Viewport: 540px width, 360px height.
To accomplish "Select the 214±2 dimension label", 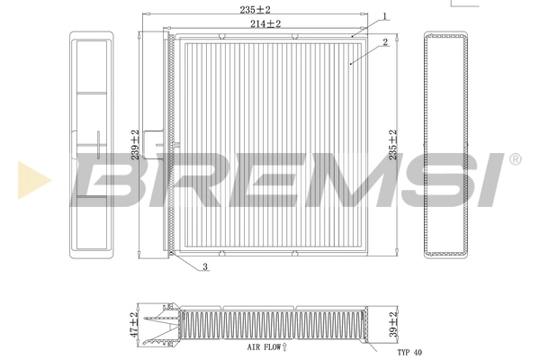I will [x=266, y=24].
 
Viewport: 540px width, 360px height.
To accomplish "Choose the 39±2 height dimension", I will [x=391, y=325].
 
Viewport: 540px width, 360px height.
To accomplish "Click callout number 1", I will [x=384, y=16].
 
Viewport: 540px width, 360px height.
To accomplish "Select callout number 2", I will [x=384, y=41].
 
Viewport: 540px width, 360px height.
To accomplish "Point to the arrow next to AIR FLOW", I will [x=285, y=346].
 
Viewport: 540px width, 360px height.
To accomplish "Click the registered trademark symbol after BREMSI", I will [x=514, y=159].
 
